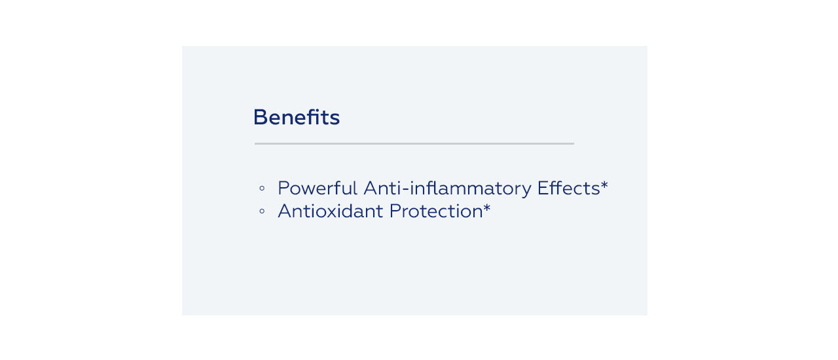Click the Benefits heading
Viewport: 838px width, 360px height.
tap(297, 117)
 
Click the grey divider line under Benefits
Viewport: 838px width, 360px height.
tap(414, 143)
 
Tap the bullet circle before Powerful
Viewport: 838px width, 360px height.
tap(262, 189)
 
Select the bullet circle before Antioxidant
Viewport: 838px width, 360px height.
tap(262, 211)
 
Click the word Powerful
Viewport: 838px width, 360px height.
tap(318, 188)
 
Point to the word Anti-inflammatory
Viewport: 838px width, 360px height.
tap(447, 189)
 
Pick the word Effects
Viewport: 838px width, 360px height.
tap(569, 188)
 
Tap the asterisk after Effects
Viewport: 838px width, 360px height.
tap(604, 184)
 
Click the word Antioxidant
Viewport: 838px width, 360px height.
tap(331, 211)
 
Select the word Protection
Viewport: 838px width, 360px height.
tap(436, 211)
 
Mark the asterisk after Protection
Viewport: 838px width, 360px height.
tap(486, 207)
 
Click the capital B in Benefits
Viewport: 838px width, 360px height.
tap(260, 117)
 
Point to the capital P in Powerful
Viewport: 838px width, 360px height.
tap(283, 189)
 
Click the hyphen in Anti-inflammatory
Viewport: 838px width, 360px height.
tap(405, 189)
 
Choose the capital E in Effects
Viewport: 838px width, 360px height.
tap(543, 189)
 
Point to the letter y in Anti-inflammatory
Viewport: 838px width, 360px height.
tap(526, 191)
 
